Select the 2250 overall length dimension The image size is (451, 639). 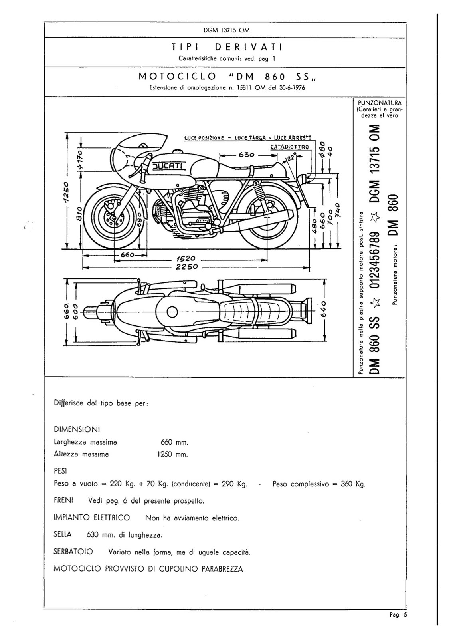click(x=186, y=267)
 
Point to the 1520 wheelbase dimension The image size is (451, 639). click(x=186, y=259)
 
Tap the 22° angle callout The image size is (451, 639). click(x=290, y=157)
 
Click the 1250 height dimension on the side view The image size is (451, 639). click(x=66, y=191)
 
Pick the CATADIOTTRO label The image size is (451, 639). click(x=289, y=147)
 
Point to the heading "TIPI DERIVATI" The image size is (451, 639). click(x=227, y=47)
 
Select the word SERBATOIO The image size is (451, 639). click(x=73, y=552)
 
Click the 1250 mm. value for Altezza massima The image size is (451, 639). click(x=172, y=454)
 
